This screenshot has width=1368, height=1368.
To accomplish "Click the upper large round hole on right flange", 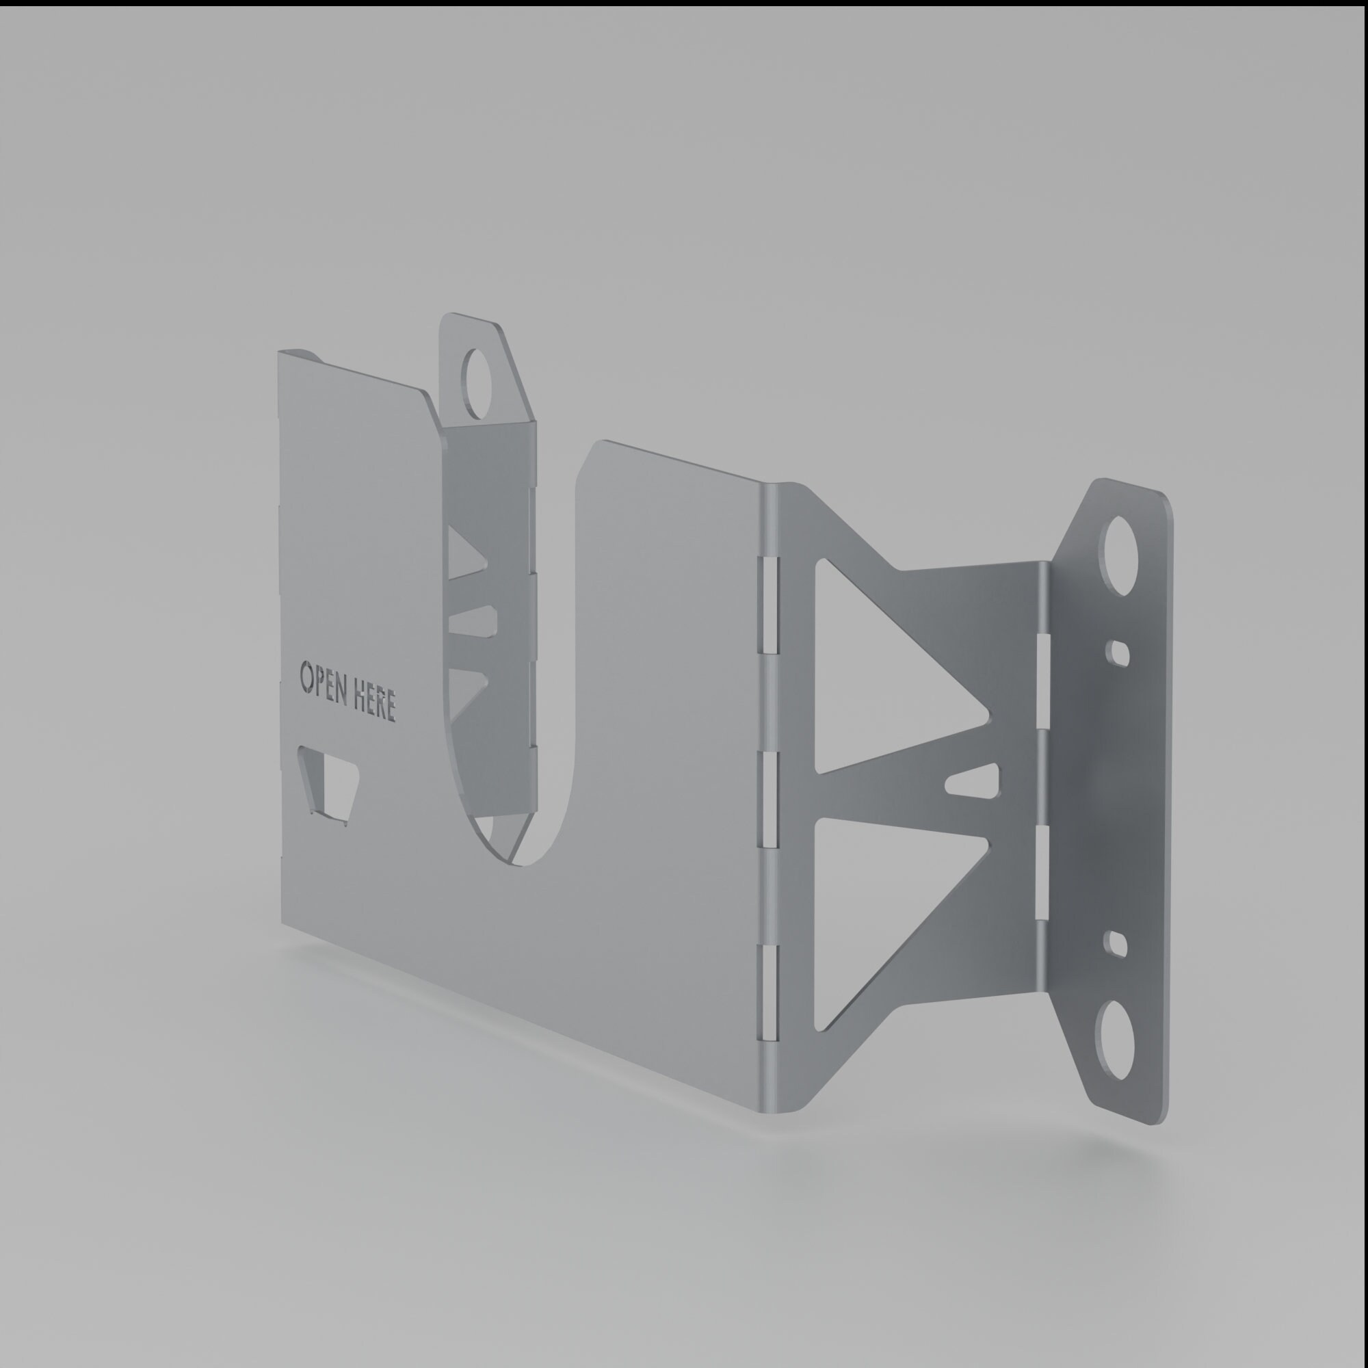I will (x=1120, y=555).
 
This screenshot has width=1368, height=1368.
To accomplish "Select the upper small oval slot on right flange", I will (x=1118, y=653).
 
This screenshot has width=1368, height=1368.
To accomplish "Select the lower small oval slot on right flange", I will (x=1118, y=945).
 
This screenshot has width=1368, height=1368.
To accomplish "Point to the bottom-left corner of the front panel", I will (x=282, y=924).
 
